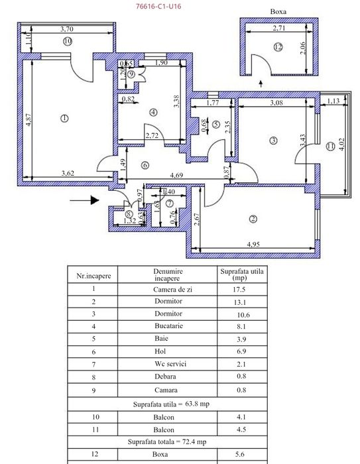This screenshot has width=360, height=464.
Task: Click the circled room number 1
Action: (64, 119)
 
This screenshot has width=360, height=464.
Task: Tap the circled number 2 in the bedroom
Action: (253, 219)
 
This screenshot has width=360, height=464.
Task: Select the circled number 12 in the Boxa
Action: (278, 46)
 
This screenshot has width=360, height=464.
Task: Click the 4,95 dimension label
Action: (253, 245)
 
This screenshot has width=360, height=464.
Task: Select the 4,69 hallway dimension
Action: (177, 176)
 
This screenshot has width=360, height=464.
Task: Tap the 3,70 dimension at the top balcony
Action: (66, 29)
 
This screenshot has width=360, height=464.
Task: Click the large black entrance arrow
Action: (84, 197)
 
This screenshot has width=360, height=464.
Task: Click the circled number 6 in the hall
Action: (145, 166)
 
